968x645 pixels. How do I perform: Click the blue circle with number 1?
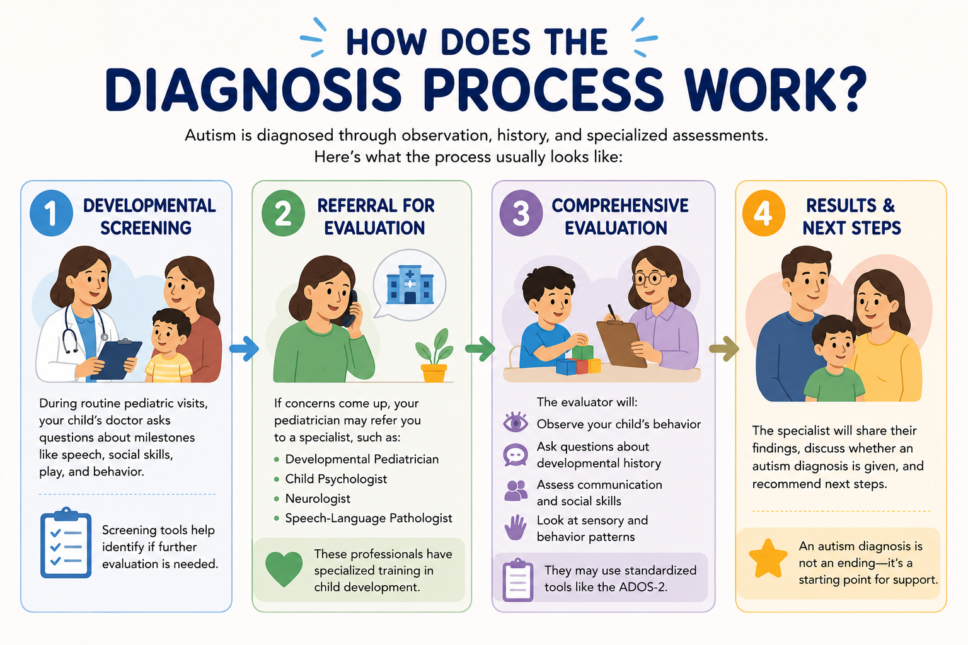pos(51,213)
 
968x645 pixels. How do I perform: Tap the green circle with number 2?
pos(283,213)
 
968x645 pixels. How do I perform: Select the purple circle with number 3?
pos(521,213)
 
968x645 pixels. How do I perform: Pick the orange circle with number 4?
pos(764,213)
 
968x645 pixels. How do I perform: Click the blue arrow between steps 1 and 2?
pos(244,348)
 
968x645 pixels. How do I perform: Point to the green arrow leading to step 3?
pos(480,348)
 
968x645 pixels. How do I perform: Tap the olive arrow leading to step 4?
pos(724,348)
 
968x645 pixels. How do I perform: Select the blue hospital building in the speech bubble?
pos(410,285)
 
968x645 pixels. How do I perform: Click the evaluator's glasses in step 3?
pos(650,278)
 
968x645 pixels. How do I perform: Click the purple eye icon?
pos(516,422)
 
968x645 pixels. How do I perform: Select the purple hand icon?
pos(516,527)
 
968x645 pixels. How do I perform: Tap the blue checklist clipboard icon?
pos(66,542)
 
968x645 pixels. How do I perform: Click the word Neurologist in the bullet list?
pos(318,498)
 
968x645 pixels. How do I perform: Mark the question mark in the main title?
pos(850,89)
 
